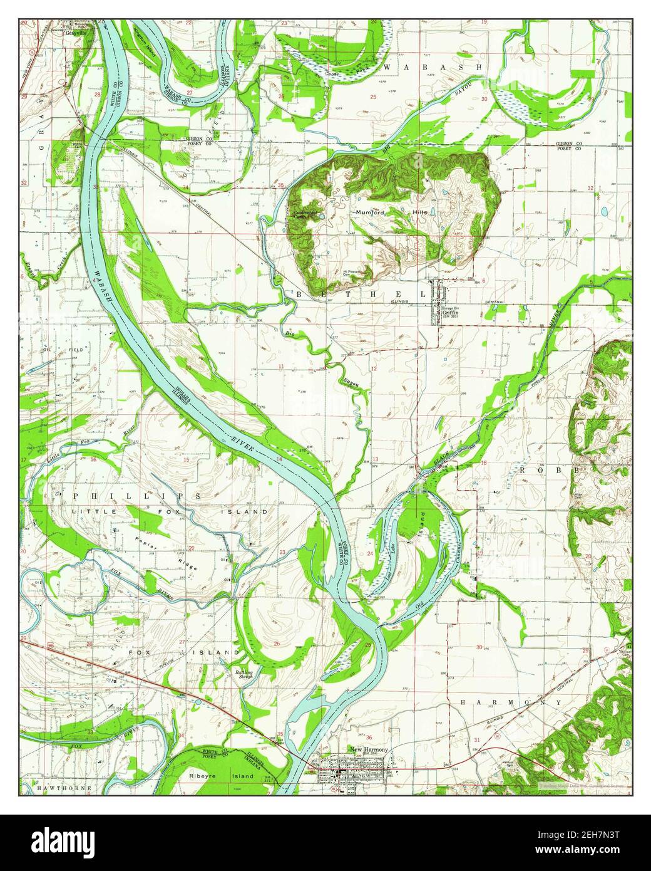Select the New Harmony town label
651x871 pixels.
(369, 749)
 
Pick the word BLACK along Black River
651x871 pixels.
(440, 459)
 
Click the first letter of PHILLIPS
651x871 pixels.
(76, 495)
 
